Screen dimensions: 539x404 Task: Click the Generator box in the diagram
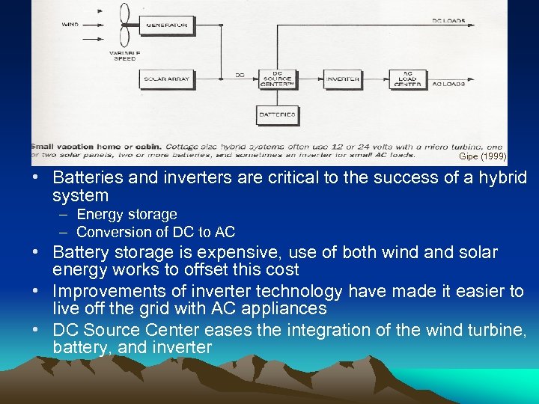[x=167, y=25]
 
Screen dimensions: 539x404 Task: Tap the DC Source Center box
[x=277, y=79]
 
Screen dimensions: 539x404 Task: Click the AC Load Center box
[x=408, y=79]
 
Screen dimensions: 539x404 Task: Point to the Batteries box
[x=277, y=115]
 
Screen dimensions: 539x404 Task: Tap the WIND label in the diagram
[x=69, y=25]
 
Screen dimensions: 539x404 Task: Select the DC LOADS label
[x=448, y=21]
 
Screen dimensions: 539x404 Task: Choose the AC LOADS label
[x=448, y=84]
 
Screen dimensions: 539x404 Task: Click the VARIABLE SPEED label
[x=125, y=56]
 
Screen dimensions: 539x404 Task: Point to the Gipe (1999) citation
[x=482, y=157]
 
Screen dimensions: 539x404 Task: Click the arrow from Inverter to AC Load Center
[x=376, y=79]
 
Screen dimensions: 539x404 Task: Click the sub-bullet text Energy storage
[x=127, y=215]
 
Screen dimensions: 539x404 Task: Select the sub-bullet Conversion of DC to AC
[x=156, y=232]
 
